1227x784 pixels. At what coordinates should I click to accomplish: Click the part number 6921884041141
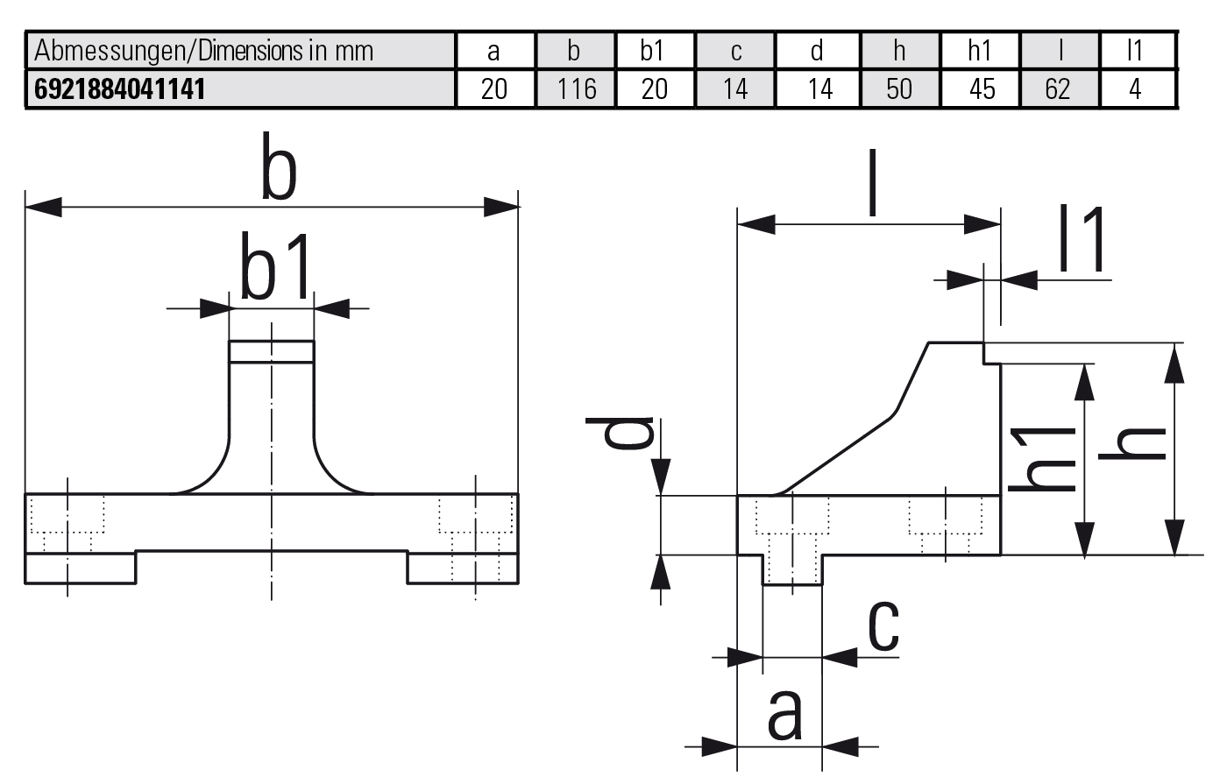coord(119,88)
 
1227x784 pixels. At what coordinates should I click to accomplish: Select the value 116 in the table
coord(576,88)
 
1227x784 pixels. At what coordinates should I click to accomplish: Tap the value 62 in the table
coord(1058,88)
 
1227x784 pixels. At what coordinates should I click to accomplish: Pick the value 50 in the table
coord(899,88)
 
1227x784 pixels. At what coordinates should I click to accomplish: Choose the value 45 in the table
coord(980,88)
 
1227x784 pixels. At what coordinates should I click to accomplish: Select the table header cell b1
coord(653,51)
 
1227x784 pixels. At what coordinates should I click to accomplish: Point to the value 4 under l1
coord(1136,88)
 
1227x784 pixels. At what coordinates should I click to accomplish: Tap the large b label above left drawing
coord(279,173)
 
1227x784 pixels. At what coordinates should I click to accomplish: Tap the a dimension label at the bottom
coord(784,713)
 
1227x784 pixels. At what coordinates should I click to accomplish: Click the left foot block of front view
coord(81,569)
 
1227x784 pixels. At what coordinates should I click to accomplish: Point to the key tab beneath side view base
coord(792,570)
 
